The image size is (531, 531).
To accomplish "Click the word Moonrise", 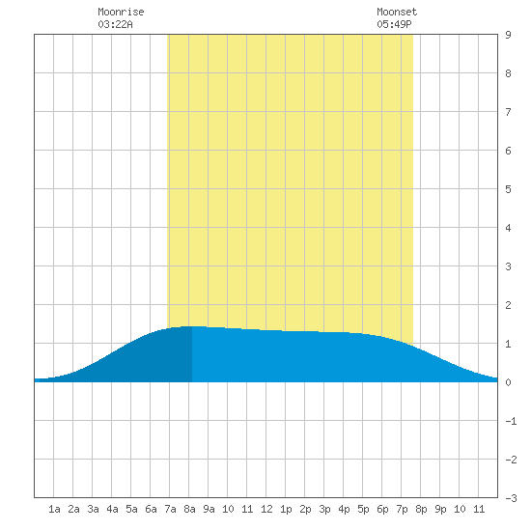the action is [121, 12].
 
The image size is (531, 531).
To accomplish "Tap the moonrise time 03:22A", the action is [115, 24].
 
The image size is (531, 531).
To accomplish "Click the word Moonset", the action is [397, 12].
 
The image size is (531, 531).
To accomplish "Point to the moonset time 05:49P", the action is [394, 24].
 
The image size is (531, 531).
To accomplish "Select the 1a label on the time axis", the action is [54, 509].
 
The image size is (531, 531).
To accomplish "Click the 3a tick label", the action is [93, 509].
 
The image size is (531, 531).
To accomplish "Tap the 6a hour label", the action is [151, 509].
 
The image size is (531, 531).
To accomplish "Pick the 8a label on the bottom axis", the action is [189, 509].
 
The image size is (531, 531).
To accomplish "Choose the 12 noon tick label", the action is [266, 509].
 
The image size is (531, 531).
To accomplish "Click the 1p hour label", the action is [286, 509].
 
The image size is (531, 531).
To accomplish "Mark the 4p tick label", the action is [344, 509].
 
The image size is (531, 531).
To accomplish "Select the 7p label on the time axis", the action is [402, 509].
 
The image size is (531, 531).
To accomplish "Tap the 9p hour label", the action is [440, 509].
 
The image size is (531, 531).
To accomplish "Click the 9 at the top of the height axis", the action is [508, 35].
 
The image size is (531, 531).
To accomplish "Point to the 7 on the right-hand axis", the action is [508, 112].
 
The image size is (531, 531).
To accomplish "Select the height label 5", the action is [508, 189].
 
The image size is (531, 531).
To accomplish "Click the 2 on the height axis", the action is [508, 305].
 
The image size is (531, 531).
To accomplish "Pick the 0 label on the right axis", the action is [508, 382].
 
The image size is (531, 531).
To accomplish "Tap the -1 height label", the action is [511, 421].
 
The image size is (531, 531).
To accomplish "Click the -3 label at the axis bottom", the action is [511, 498].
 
